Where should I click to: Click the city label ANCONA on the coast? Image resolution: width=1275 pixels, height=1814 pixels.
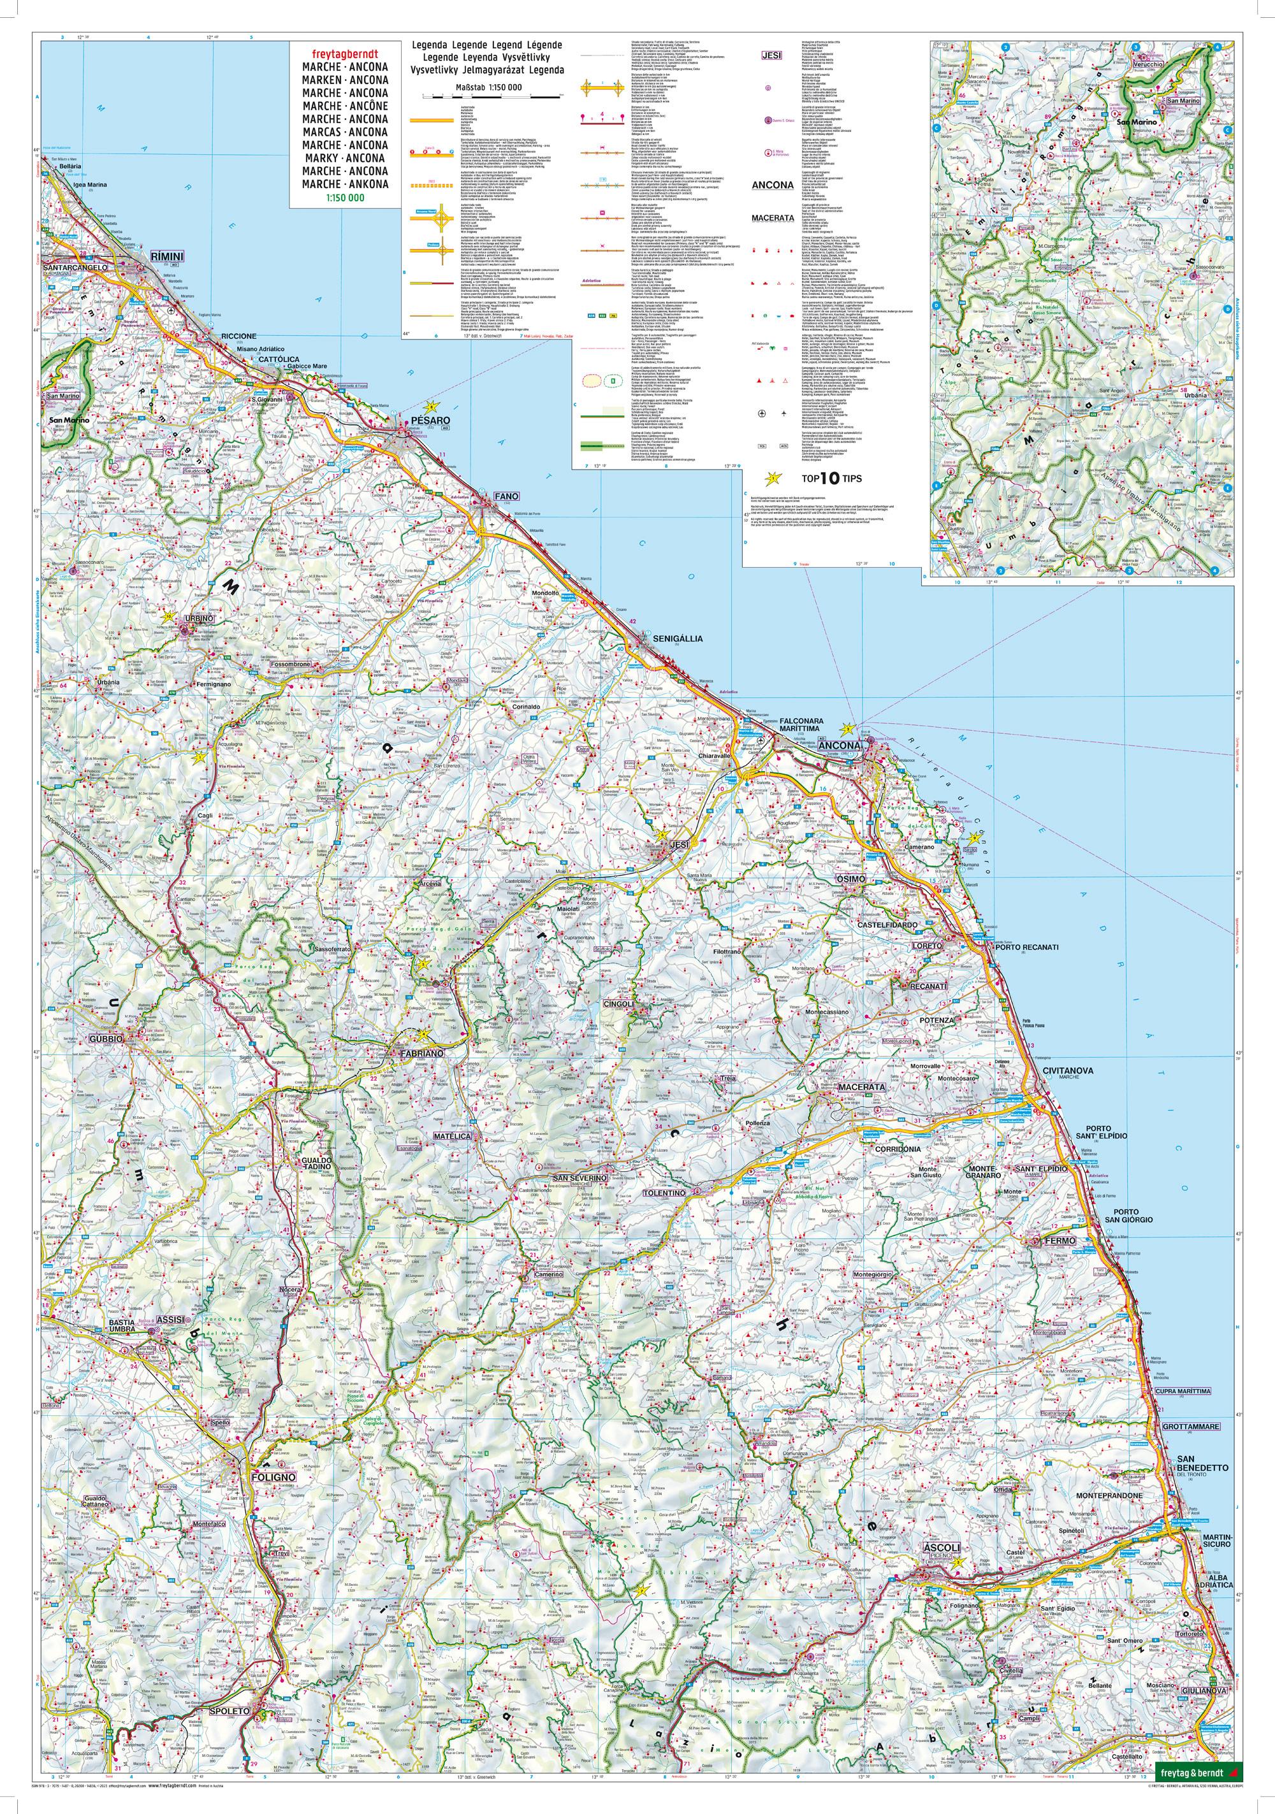coord(840,745)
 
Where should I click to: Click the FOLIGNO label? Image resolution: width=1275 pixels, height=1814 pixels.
coord(273,1476)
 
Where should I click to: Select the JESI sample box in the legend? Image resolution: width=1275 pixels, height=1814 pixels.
coord(771,56)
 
